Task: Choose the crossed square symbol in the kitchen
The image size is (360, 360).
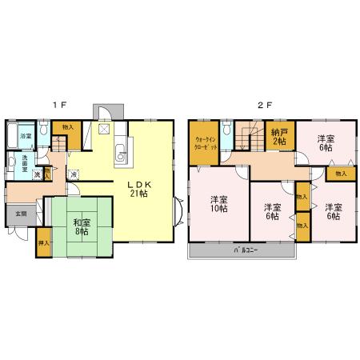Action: click(103, 129)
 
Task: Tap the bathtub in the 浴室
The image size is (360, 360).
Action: click(12, 138)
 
